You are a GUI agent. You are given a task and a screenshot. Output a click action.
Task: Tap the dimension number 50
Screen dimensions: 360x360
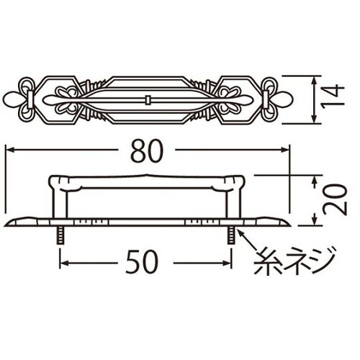click(146, 263)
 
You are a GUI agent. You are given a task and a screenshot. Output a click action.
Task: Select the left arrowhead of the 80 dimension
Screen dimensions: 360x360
click(9, 150)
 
